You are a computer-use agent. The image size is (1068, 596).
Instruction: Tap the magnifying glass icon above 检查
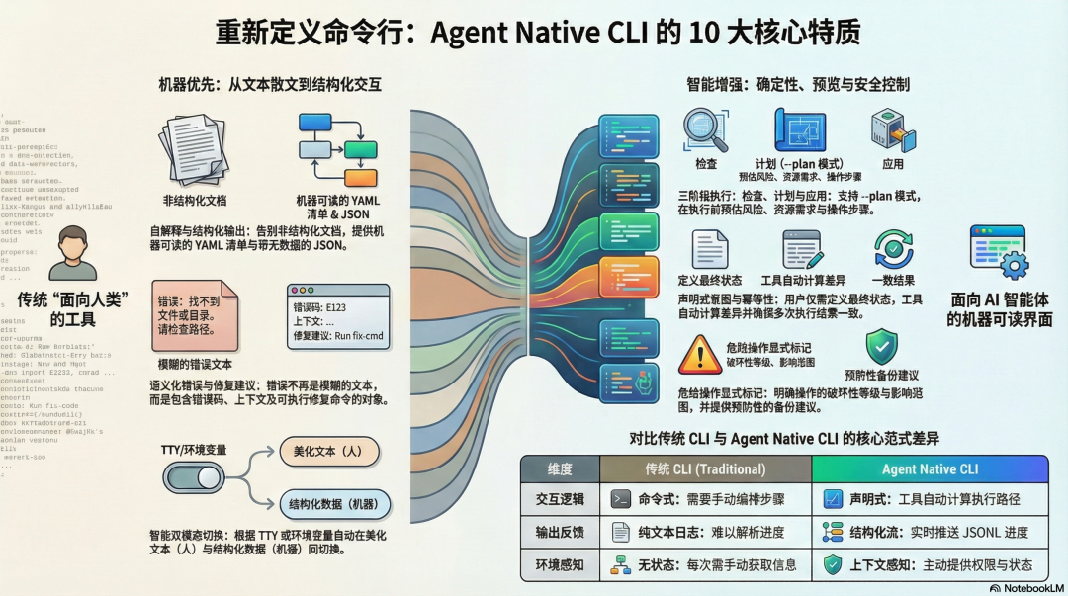tap(706, 130)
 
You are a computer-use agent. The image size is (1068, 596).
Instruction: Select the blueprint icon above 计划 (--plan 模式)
tap(799, 129)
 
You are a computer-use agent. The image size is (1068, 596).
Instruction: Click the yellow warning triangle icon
tap(700, 354)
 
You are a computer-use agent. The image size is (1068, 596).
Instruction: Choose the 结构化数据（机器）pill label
tap(335, 504)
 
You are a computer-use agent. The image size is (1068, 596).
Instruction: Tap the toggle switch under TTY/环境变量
tap(194, 478)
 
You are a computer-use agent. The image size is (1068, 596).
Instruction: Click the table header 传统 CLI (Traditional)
tap(705, 469)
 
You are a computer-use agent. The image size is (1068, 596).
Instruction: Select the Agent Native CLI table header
tap(930, 469)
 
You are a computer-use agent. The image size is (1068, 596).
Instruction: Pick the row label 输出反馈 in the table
tap(560, 533)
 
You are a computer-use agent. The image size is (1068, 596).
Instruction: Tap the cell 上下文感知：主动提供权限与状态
tap(930, 565)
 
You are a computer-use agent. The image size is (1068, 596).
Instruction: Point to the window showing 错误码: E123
tap(337, 319)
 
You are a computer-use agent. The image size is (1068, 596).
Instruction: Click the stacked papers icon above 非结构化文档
tap(194, 148)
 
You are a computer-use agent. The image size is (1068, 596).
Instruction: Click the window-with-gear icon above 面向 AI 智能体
tap(998, 252)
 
